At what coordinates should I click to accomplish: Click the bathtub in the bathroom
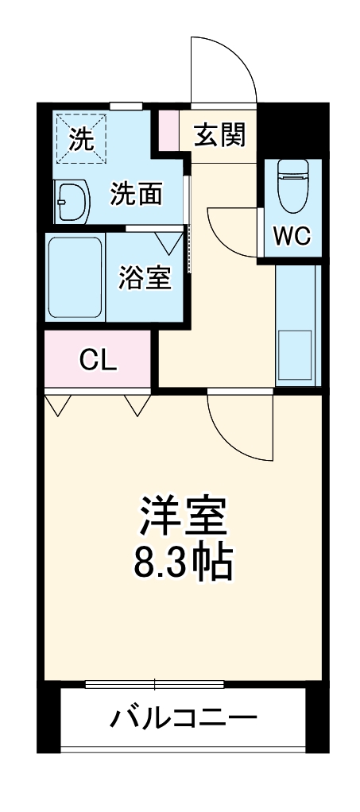click(x=75, y=276)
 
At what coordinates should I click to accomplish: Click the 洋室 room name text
click(x=184, y=517)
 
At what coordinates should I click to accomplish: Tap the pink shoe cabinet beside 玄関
click(x=168, y=129)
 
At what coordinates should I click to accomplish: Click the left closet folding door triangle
click(x=57, y=405)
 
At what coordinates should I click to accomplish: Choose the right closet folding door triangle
click(x=137, y=405)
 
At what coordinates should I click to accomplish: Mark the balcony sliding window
click(x=155, y=683)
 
